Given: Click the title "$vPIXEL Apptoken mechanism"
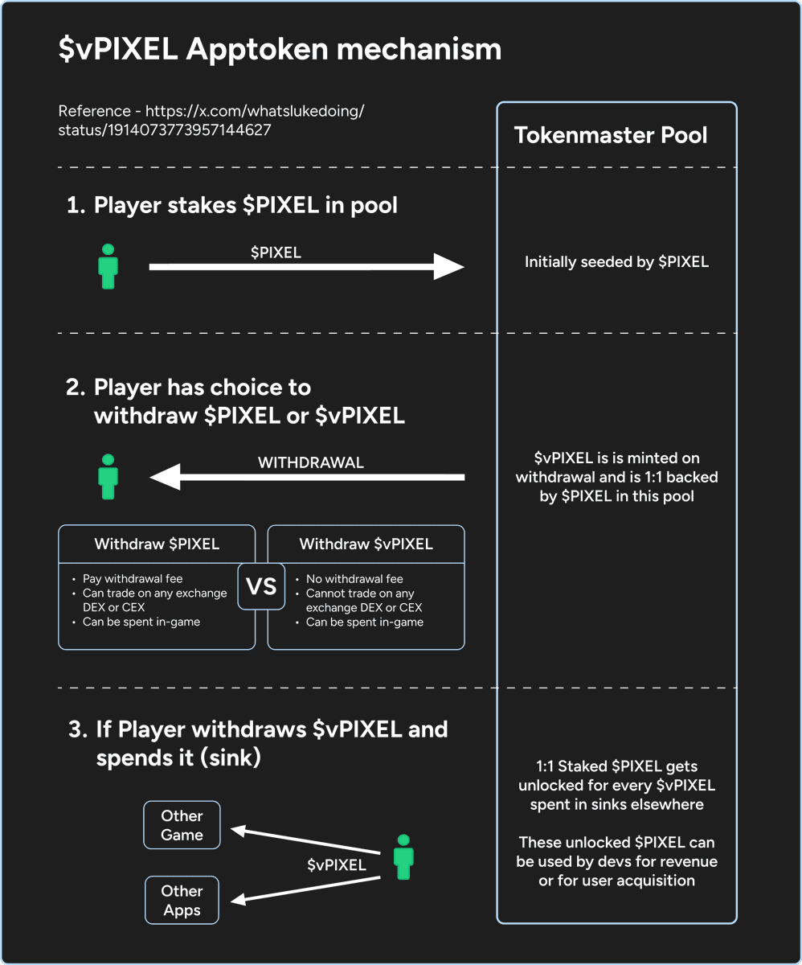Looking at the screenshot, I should click(280, 50).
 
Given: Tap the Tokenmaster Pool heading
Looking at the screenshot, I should click(611, 135).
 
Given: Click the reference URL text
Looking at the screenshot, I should click(211, 120).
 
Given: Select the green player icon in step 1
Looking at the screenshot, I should click(108, 267).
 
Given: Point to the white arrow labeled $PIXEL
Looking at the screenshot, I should click(305, 266).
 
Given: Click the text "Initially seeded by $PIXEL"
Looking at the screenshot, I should click(616, 262).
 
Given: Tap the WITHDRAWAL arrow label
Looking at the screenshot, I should click(310, 462).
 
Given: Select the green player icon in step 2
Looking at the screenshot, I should click(108, 477).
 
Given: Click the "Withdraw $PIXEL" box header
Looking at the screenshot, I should click(157, 544).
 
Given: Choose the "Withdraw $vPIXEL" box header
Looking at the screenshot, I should click(366, 544).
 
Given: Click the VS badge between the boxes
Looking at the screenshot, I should click(261, 586).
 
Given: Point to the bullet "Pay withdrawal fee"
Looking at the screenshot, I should click(133, 579).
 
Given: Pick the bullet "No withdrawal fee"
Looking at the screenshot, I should click(354, 579).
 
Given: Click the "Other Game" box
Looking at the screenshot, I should click(182, 825).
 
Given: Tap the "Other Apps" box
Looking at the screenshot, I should click(182, 901).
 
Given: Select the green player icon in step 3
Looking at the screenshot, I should click(403, 856).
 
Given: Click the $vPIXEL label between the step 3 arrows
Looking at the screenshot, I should click(337, 865).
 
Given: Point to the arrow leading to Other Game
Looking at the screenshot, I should click(305, 841).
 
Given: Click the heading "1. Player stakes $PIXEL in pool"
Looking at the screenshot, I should click(232, 205).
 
